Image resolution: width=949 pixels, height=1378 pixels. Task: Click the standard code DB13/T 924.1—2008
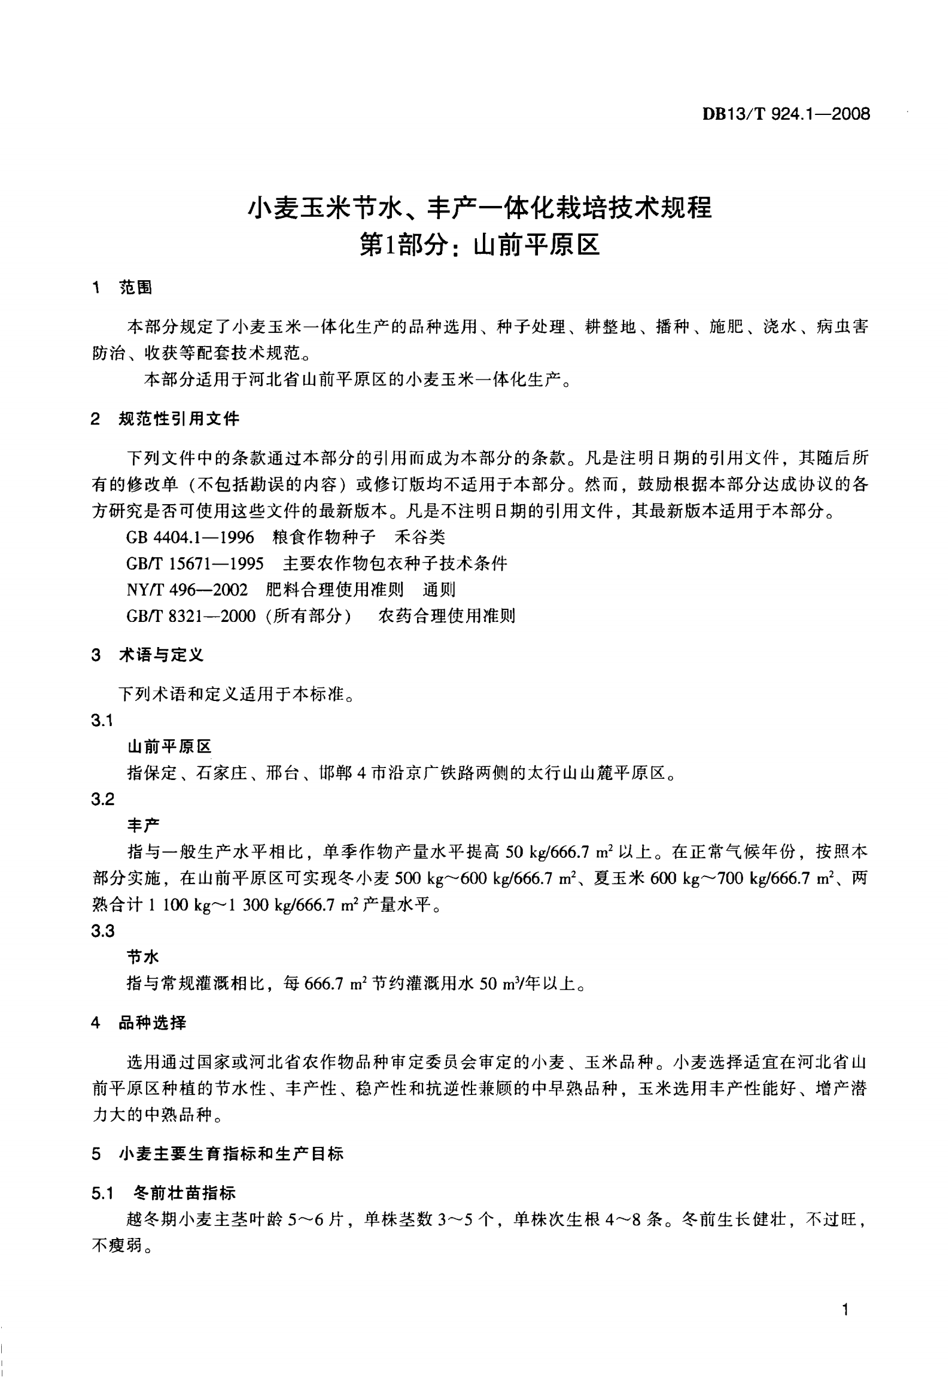pyautogui.click(x=786, y=114)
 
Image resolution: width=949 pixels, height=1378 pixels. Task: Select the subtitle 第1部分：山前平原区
pyautogui.click(x=479, y=245)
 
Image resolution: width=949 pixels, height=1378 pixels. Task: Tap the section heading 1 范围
pyautogui.click(x=122, y=288)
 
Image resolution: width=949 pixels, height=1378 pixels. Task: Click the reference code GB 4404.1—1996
pyautogui.click(x=190, y=537)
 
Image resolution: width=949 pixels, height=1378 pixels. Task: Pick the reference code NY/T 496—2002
pyautogui.click(x=187, y=590)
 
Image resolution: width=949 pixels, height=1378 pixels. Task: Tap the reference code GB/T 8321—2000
pyautogui.click(x=191, y=616)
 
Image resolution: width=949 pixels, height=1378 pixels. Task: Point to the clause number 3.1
pyautogui.click(x=102, y=721)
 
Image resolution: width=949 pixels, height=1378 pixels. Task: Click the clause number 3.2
pyautogui.click(x=102, y=799)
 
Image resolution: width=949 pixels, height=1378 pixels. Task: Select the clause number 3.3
pyautogui.click(x=102, y=931)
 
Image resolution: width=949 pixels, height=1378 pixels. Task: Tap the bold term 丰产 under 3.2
pyautogui.click(x=144, y=825)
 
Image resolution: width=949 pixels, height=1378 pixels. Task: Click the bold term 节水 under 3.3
pyautogui.click(x=143, y=957)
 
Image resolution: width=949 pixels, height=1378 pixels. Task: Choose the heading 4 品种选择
pyautogui.click(x=139, y=1023)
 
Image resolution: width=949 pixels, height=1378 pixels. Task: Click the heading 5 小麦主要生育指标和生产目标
pyautogui.click(x=217, y=1154)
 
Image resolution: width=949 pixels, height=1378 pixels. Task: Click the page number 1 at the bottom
pyautogui.click(x=845, y=1310)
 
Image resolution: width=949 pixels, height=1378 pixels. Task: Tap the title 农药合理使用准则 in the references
pyautogui.click(x=446, y=616)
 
